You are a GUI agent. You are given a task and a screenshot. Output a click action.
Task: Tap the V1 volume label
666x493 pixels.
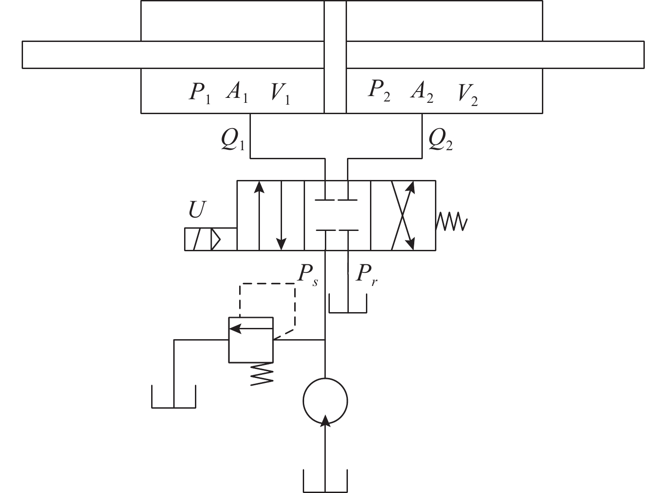[280, 93]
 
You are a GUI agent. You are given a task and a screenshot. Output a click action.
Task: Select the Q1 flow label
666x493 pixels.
[232, 141]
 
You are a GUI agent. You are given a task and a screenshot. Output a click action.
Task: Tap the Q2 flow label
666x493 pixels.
[440, 141]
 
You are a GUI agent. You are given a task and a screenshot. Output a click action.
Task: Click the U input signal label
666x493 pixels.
[197, 210]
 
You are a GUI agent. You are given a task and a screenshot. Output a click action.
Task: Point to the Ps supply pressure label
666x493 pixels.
[307, 274]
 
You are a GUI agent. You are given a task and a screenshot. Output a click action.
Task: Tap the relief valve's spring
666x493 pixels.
[262, 373]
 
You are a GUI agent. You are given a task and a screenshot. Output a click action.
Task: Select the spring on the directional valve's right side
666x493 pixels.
[451, 221]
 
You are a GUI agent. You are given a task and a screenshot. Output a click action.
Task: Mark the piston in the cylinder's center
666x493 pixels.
[335, 56]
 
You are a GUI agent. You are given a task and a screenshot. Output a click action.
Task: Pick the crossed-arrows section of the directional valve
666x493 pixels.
[403, 215]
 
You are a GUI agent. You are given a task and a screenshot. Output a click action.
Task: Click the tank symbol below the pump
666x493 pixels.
[325, 483]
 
